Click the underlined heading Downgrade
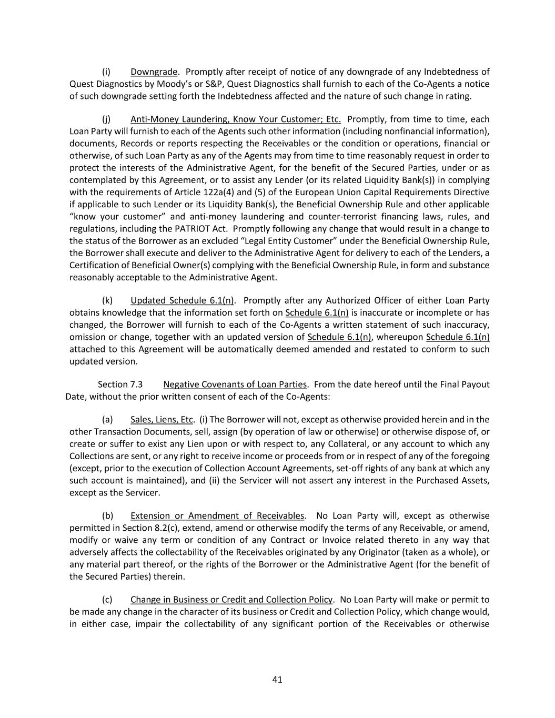(x=154, y=72)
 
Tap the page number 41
(x=277, y=679)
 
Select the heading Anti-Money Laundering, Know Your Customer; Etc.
(x=235, y=119)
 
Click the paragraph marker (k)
(x=107, y=300)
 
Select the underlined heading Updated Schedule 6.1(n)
(x=182, y=300)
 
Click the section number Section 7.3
(x=120, y=384)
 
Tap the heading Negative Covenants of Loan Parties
(x=235, y=384)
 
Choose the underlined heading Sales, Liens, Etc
(x=162, y=419)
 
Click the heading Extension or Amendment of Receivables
(x=217, y=515)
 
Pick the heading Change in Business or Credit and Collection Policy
(x=231, y=599)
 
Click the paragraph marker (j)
(x=106, y=119)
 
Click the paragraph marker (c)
(x=107, y=599)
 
